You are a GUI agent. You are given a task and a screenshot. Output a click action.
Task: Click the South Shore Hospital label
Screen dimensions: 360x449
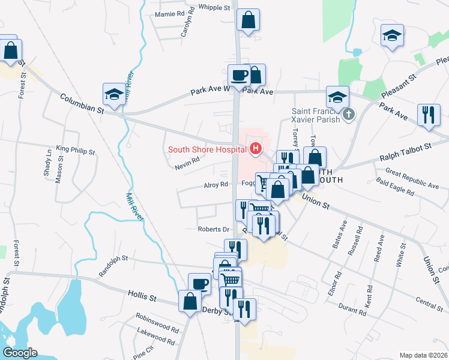click(208, 149)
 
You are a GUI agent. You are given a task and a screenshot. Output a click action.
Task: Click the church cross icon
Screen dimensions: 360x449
click(348, 114)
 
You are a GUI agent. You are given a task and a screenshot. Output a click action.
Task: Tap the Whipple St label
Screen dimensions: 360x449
click(214, 8)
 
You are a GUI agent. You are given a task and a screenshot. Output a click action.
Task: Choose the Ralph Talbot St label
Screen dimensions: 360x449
click(406, 152)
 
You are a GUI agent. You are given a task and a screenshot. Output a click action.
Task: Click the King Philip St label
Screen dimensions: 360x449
click(76, 149)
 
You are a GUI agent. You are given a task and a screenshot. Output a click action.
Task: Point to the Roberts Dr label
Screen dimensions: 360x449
click(214, 229)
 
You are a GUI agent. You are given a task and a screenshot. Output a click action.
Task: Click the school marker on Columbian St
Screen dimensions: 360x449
click(113, 94)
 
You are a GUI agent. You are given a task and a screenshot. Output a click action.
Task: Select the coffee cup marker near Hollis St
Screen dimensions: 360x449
click(199, 284)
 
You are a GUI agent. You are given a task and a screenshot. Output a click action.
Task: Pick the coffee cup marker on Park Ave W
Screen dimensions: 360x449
click(239, 76)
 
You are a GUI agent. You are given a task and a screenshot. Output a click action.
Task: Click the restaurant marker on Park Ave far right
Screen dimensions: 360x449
click(429, 114)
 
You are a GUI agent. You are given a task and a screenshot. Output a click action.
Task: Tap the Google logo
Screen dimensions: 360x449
click(20, 353)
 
